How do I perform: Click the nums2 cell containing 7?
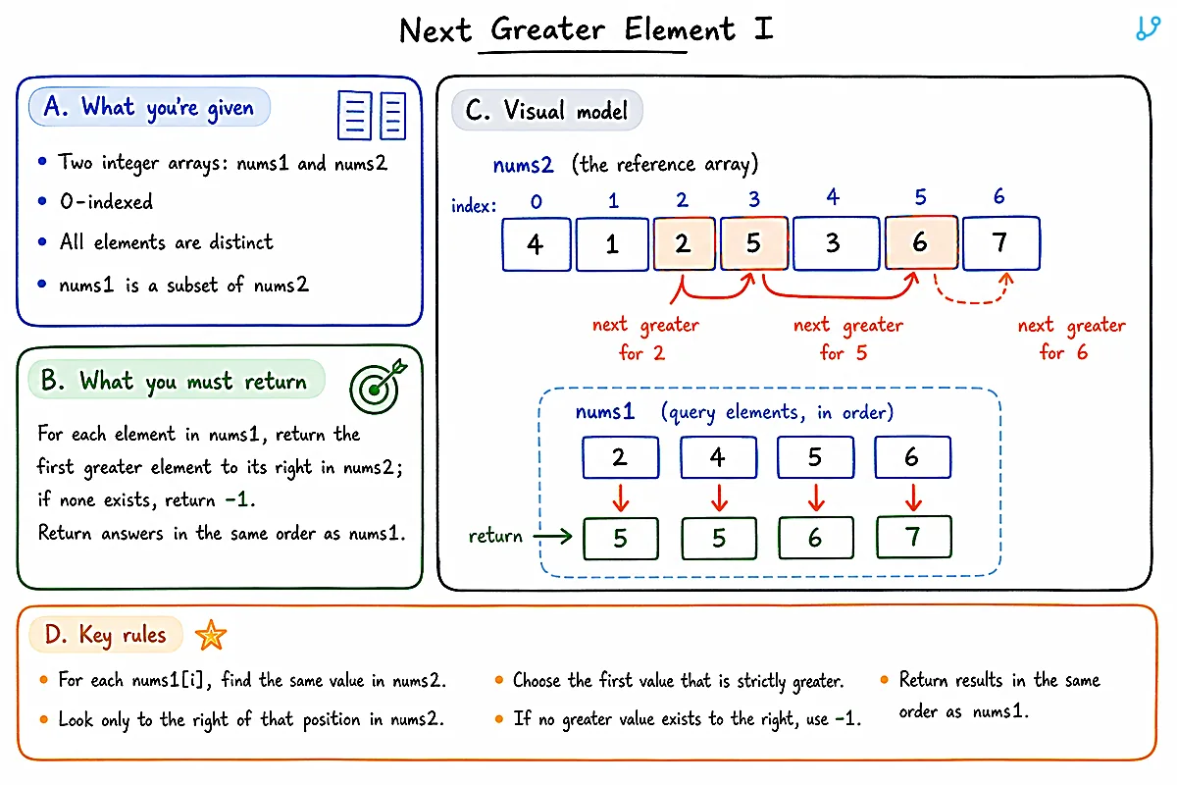[x=1001, y=243]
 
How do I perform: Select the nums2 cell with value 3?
[x=836, y=243]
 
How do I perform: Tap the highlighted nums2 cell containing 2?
[x=685, y=243]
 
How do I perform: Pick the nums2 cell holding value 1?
[x=612, y=244]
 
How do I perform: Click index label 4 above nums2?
[x=833, y=197]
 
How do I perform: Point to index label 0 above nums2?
[x=536, y=202]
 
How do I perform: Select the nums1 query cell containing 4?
[x=718, y=457]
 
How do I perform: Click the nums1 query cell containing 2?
[x=621, y=457]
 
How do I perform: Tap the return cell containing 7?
[x=914, y=537]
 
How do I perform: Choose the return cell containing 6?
[x=816, y=538]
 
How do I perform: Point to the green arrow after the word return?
[x=552, y=537]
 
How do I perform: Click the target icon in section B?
[x=378, y=387]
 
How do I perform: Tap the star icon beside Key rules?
[x=211, y=635]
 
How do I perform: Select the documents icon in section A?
[x=372, y=116]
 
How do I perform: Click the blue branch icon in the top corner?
[x=1148, y=27]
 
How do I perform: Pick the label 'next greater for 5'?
[x=847, y=339]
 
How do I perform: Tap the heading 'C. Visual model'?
[x=546, y=111]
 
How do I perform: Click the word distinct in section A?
[x=241, y=242]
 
